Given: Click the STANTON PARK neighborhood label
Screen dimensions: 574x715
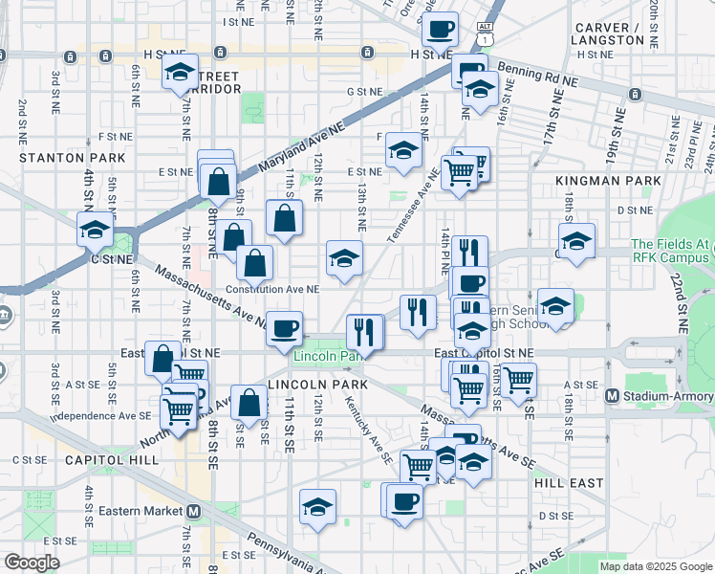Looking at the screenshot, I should (x=72, y=156).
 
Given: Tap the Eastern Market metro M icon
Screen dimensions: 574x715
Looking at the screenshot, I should (x=194, y=512).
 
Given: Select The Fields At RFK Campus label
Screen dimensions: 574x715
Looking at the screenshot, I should (x=671, y=252).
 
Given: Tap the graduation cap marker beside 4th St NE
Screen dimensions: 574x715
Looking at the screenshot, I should (x=95, y=231).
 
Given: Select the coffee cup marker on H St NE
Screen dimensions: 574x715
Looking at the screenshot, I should (x=439, y=30).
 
